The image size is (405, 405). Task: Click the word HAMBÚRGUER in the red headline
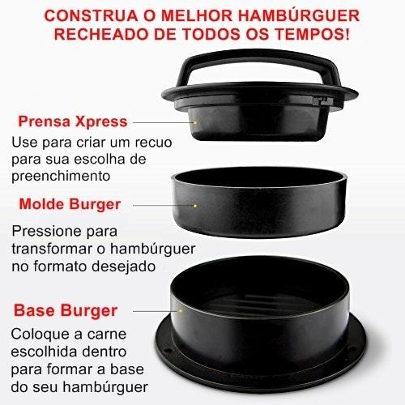299,15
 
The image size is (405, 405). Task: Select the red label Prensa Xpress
73,122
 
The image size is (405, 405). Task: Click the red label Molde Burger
70,204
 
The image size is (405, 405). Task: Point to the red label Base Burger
66,310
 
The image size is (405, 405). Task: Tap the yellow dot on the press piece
195,122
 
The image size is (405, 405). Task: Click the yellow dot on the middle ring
195,206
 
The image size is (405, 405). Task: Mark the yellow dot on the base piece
181,311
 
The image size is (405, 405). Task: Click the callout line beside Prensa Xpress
163,122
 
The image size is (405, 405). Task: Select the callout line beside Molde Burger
163,206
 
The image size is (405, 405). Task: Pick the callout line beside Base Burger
156,311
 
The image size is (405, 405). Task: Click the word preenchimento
61,176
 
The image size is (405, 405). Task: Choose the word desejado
124,266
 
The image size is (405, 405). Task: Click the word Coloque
43,335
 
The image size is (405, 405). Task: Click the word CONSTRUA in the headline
91,15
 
